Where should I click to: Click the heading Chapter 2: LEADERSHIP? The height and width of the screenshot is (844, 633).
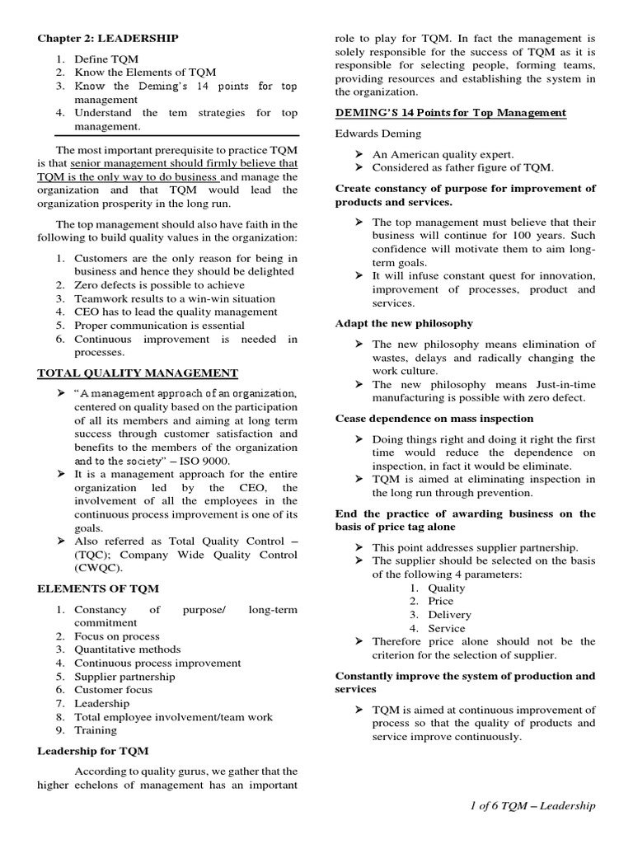(107, 38)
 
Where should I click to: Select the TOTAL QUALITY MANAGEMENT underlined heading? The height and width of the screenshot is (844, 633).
(138, 373)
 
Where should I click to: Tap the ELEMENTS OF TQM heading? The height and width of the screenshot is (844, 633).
(98, 588)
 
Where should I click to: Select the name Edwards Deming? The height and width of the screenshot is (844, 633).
(377, 134)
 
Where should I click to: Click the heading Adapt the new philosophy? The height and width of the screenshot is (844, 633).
(404, 323)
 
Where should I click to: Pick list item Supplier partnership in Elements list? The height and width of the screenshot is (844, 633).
(124, 677)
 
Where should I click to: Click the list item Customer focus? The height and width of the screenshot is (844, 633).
(113, 690)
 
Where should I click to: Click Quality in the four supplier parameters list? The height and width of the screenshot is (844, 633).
(446, 588)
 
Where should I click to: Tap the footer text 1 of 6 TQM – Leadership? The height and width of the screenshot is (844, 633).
(529, 805)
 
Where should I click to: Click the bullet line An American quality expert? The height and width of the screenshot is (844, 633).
(443, 154)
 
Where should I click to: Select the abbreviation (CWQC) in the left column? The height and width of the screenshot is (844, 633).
(98, 568)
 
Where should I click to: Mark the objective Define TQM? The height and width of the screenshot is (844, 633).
(106, 59)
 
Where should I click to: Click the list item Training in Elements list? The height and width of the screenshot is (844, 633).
(96, 730)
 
